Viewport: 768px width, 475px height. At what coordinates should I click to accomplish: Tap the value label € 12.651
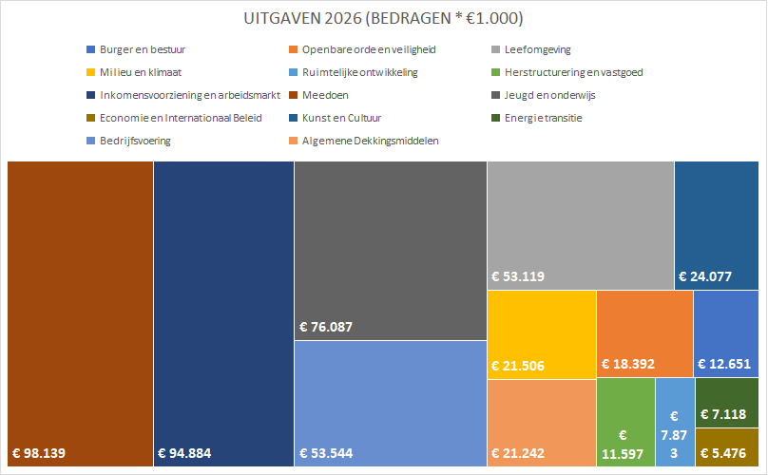pos(728,364)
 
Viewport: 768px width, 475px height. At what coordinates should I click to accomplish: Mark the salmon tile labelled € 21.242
pos(541,423)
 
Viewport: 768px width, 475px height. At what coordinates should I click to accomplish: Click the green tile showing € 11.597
pos(625,423)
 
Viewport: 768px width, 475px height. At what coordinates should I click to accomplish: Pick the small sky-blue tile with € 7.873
pos(674,423)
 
